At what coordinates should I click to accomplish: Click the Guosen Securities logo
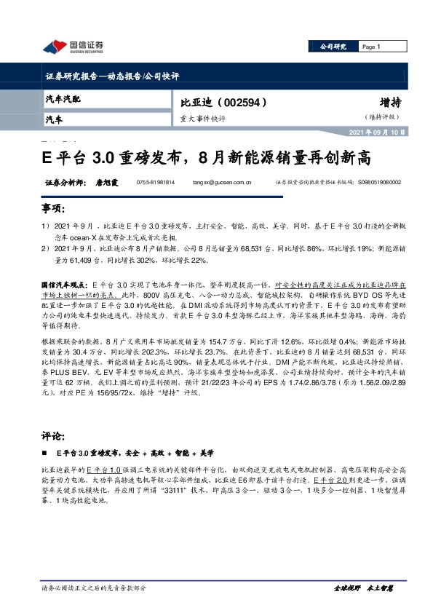tap(73, 47)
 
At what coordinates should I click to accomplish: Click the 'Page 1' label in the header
tap(371, 47)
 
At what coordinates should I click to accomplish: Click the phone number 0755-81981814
tap(156, 183)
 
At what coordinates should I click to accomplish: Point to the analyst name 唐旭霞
tap(106, 183)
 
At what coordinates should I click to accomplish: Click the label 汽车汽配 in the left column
tap(63, 98)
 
